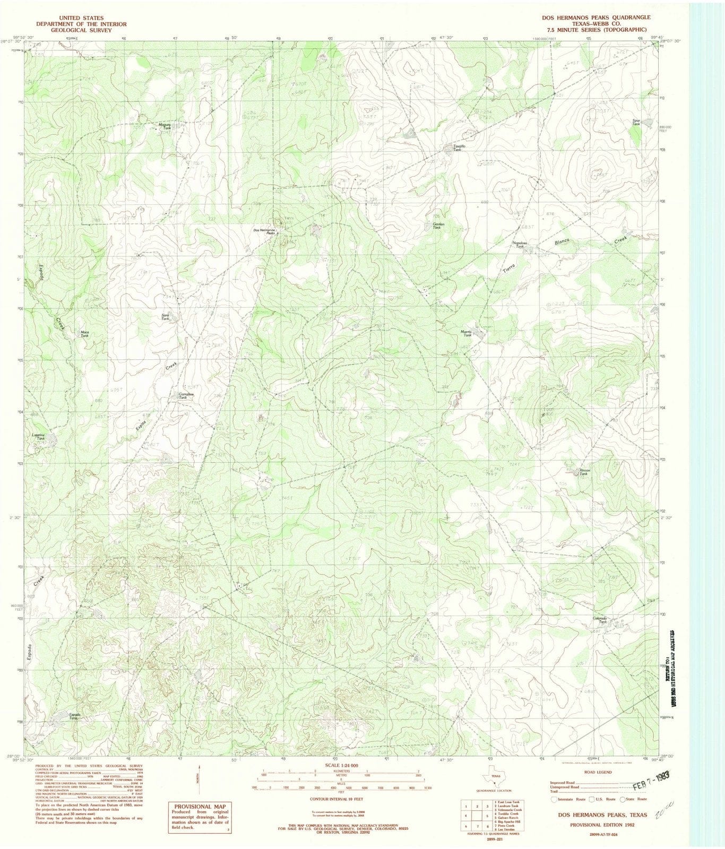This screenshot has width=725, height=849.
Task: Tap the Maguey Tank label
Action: tap(165, 126)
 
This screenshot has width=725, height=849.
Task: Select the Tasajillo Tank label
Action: tap(455, 148)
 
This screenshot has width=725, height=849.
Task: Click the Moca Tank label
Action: tap(84, 334)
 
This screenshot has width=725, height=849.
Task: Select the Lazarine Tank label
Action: tap(38, 437)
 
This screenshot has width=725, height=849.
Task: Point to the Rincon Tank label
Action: tap(583, 472)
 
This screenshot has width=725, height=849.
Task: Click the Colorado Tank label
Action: tap(600, 620)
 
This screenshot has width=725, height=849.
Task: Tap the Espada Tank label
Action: tap(74, 716)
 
